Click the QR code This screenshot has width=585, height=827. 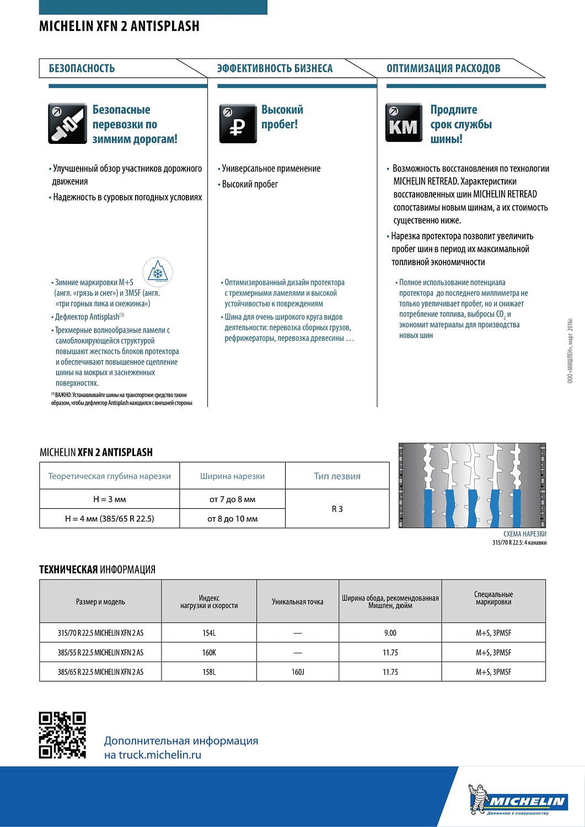point(62,735)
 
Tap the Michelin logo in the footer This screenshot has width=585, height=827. point(518,799)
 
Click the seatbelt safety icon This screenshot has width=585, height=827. point(67,123)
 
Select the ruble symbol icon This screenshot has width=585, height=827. point(238,123)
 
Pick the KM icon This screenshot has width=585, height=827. point(404,123)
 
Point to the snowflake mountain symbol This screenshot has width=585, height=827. point(158,272)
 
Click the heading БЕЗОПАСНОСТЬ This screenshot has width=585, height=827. point(82,68)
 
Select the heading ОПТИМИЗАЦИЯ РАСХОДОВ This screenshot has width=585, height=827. point(443,68)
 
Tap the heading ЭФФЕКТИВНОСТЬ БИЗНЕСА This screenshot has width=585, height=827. point(275,68)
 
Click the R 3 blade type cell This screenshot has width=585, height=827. point(337,509)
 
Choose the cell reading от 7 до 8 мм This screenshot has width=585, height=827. point(232,500)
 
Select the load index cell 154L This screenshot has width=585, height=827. point(209,633)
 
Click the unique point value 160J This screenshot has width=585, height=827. point(298,672)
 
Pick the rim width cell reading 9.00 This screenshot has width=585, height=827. point(390,633)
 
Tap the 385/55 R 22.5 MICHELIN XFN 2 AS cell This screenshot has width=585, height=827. point(100,653)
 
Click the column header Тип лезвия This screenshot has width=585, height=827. point(337,476)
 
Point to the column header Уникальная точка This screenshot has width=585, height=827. point(298,602)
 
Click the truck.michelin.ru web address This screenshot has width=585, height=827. point(153,755)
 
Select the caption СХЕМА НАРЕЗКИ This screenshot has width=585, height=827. point(524,534)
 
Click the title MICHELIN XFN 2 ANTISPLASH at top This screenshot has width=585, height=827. point(119,26)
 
